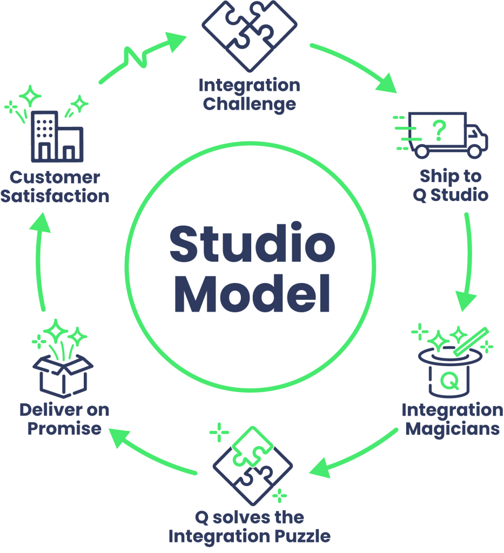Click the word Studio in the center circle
252,244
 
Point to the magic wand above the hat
472,341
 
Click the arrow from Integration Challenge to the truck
357,65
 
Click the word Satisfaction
55,195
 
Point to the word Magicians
452,429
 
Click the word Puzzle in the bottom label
301,536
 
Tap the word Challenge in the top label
249,104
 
